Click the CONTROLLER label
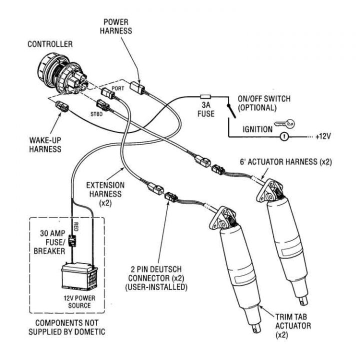point(49,44)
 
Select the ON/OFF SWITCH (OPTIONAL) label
point(264,103)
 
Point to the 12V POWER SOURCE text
point(76,301)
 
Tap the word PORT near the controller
point(117,88)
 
